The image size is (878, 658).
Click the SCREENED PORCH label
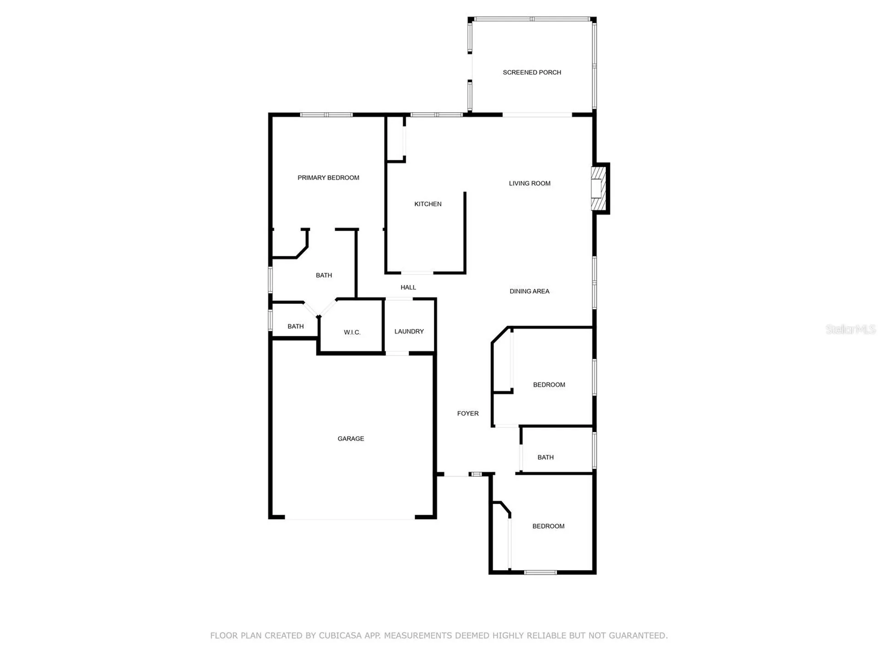click(x=532, y=72)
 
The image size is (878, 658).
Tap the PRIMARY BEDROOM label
click(x=328, y=178)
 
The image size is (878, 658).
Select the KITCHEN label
click(x=428, y=204)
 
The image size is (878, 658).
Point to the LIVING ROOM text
click(x=530, y=183)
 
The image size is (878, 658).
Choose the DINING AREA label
click(x=530, y=291)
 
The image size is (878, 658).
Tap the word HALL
click(x=408, y=287)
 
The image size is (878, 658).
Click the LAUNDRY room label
click(x=409, y=331)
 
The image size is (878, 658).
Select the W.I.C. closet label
click(x=352, y=332)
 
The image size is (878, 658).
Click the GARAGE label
click(x=351, y=439)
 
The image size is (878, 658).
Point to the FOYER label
click(x=468, y=414)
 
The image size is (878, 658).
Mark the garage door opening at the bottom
click(x=350, y=518)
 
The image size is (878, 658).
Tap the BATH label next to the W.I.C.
click(x=295, y=326)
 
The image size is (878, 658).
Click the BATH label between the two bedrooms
click(x=545, y=457)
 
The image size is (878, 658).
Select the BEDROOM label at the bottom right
click(x=548, y=526)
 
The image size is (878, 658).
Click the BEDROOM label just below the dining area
click(x=549, y=385)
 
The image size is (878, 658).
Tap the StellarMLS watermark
click(x=850, y=329)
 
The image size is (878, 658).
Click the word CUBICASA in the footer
click(x=340, y=636)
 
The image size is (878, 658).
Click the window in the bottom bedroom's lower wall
click(x=540, y=572)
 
